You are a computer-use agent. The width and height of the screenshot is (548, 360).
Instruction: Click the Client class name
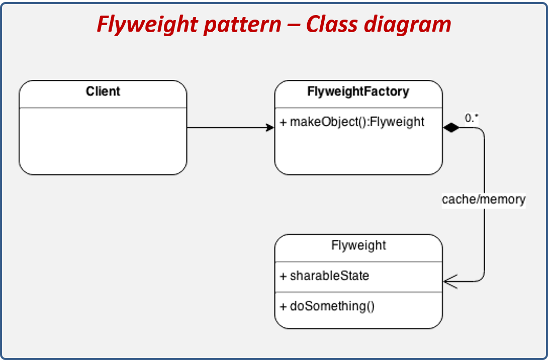(x=103, y=92)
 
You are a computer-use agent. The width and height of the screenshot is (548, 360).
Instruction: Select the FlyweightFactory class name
(x=358, y=92)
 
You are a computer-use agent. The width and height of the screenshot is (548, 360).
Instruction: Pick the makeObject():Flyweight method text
(x=357, y=122)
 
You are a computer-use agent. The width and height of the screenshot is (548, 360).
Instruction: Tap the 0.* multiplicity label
(x=472, y=118)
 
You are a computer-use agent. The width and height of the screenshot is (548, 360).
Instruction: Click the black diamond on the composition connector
(x=451, y=128)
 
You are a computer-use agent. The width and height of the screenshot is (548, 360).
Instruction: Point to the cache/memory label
(x=484, y=200)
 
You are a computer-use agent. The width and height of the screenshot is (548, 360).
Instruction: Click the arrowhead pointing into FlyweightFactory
(x=270, y=128)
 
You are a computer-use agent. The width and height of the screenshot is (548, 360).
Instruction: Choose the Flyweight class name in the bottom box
(x=358, y=245)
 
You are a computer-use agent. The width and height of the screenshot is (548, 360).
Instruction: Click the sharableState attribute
(x=329, y=276)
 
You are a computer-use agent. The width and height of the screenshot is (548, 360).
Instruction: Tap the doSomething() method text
(x=332, y=306)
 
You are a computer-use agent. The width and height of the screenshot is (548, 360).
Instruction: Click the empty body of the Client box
(x=103, y=141)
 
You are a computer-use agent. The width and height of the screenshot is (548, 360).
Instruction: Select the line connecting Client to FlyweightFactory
(x=226, y=128)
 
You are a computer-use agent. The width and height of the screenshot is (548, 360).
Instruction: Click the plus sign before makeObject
(x=283, y=122)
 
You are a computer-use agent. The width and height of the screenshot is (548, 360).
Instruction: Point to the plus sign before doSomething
(x=283, y=307)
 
